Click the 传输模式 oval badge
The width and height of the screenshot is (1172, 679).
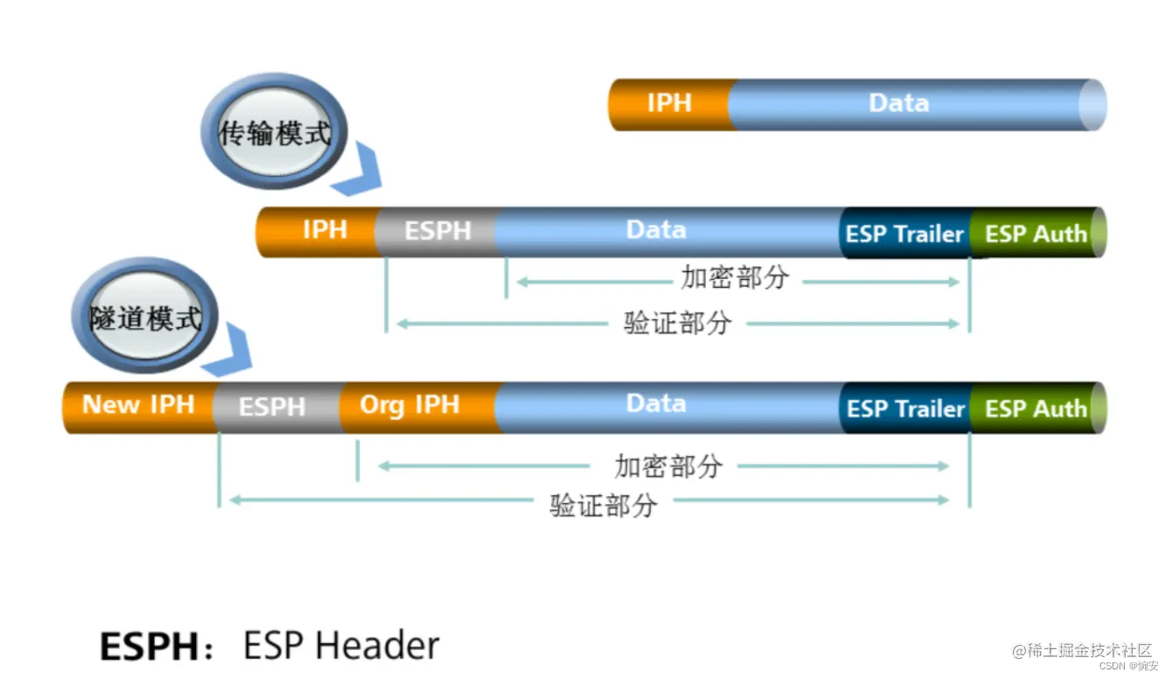click(274, 133)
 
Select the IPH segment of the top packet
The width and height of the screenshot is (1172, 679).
click(669, 103)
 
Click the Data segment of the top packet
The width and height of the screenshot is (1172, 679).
click(899, 103)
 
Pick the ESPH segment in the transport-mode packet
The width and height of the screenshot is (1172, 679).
click(437, 231)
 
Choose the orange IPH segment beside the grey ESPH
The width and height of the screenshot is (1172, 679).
click(324, 230)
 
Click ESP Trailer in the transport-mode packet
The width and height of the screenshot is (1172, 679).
click(904, 234)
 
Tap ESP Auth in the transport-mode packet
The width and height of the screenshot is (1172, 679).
click(1036, 234)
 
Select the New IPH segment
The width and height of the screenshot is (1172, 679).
click(138, 405)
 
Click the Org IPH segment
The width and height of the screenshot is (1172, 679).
click(409, 405)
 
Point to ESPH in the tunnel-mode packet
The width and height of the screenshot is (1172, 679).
click(272, 407)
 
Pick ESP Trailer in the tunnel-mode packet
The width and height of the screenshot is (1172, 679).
click(904, 409)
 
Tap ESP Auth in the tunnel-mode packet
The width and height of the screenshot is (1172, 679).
click(1036, 409)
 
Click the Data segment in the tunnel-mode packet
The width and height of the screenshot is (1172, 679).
click(656, 404)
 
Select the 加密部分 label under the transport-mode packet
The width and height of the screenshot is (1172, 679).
click(735, 278)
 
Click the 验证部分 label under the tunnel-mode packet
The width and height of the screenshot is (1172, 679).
click(603, 505)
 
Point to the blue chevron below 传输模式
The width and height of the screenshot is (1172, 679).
click(360, 172)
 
